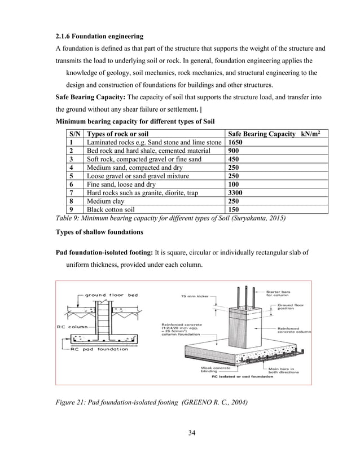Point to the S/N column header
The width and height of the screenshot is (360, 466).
click(x=73, y=135)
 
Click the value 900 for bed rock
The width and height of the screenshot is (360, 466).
click(x=234, y=152)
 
